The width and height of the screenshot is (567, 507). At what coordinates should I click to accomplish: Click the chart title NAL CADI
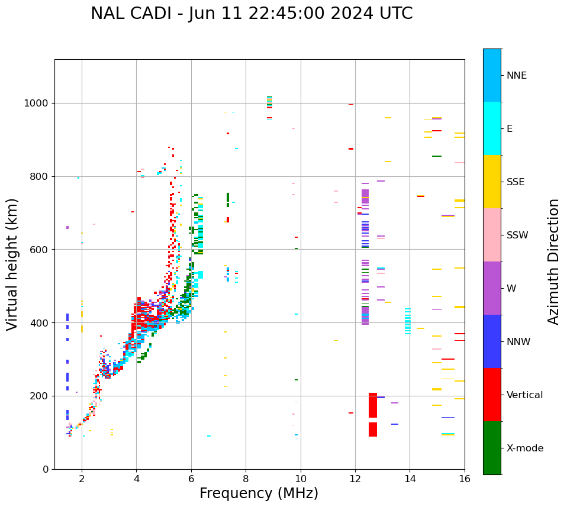pyautogui.click(x=252, y=14)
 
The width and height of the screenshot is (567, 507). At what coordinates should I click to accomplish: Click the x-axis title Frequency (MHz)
pyautogui.click(x=259, y=493)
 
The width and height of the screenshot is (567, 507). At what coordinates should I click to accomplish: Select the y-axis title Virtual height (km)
pyautogui.click(x=12, y=264)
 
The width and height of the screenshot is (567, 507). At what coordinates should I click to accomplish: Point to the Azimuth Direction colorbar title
pyautogui.click(x=553, y=261)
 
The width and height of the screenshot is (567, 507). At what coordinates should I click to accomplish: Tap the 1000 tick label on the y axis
pyautogui.click(x=37, y=104)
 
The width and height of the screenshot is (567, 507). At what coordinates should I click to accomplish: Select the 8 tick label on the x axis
pyautogui.click(x=246, y=479)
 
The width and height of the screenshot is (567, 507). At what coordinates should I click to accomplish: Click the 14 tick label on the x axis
pyautogui.click(x=410, y=479)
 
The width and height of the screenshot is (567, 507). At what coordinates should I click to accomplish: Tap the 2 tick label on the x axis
pyautogui.click(x=82, y=479)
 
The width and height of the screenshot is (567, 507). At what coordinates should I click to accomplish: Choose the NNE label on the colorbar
pyautogui.click(x=516, y=76)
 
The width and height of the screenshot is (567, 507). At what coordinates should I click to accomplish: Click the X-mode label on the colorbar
pyautogui.click(x=524, y=448)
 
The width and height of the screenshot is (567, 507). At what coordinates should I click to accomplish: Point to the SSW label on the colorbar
pyautogui.click(x=517, y=235)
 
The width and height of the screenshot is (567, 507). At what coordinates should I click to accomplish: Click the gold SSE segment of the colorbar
pyautogui.click(x=492, y=182)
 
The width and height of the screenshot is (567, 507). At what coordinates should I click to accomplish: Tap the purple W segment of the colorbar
pyautogui.click(x=492, y=288)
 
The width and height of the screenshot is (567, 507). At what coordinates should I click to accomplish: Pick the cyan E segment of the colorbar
pyautogui.click(x=492, y=128)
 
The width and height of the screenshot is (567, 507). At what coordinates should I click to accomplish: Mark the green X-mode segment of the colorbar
pyautogui.click(x=492, y=448)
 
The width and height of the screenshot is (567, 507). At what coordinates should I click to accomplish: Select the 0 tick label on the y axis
pyautogui.click(x=45, y=469)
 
